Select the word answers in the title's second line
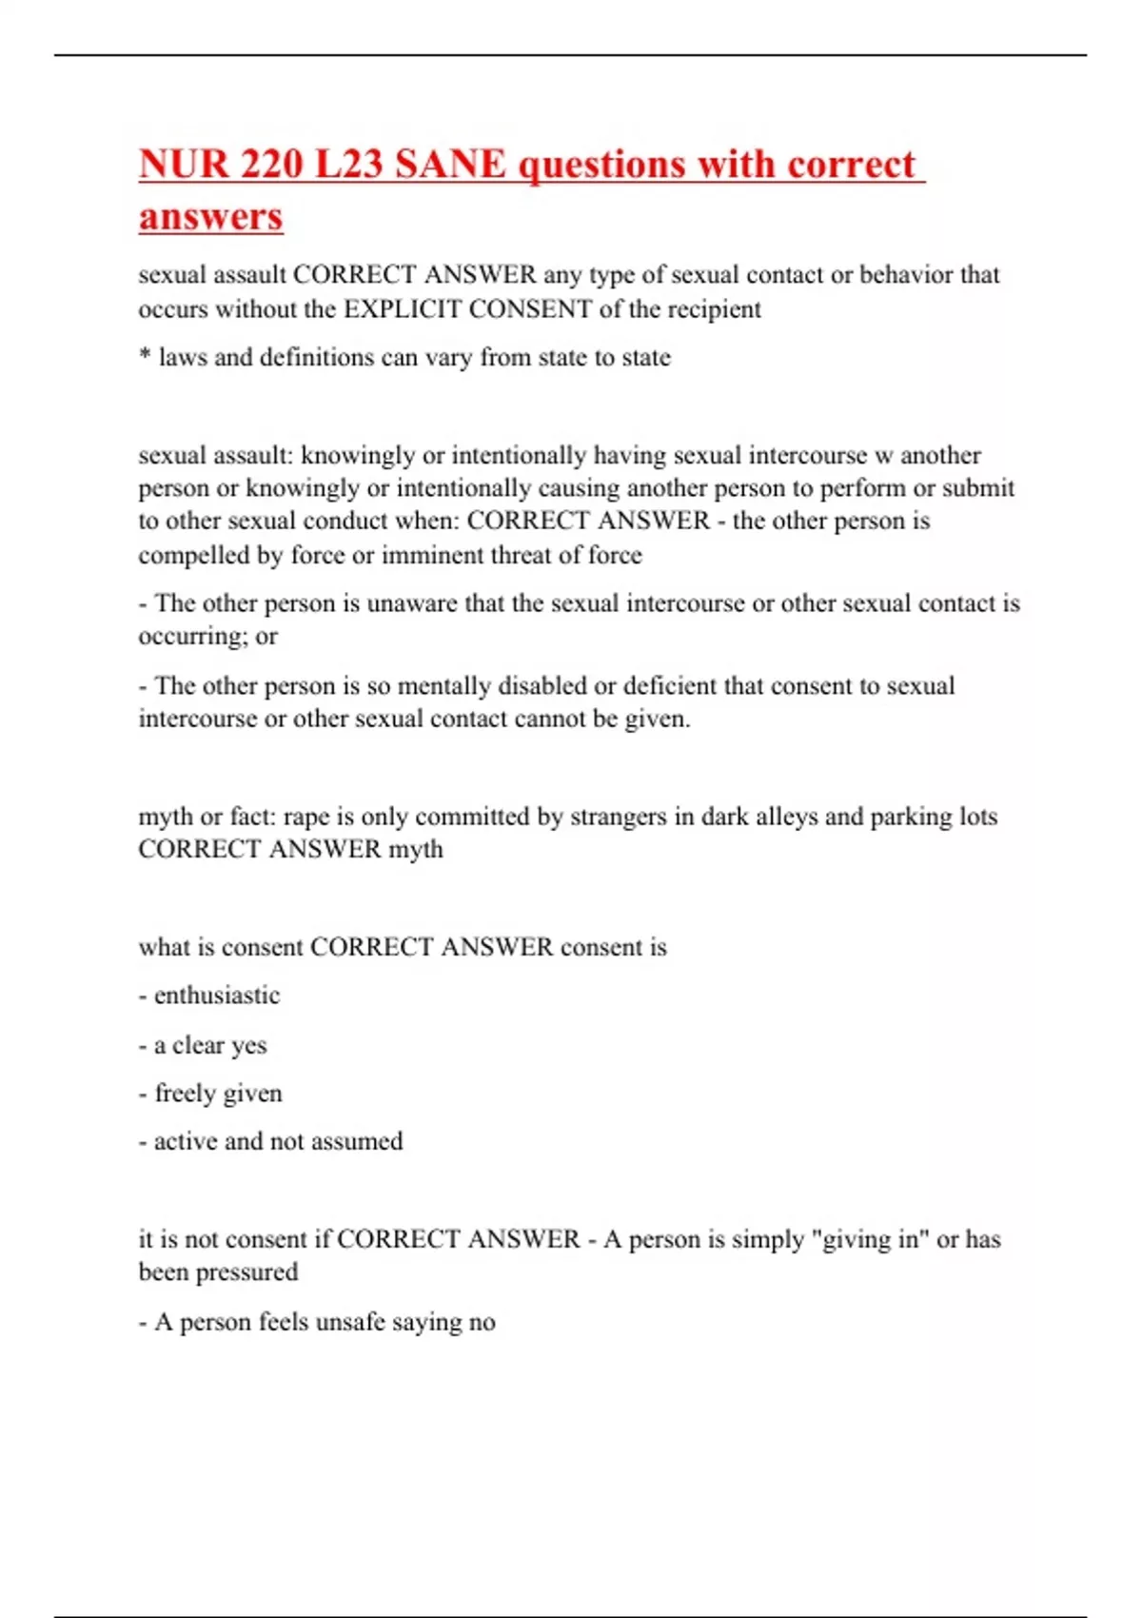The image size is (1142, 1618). point(210,216)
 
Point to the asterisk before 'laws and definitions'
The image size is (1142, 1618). point(145,357)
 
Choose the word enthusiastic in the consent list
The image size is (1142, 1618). point(217,996)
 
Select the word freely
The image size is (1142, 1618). point(186,1094)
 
